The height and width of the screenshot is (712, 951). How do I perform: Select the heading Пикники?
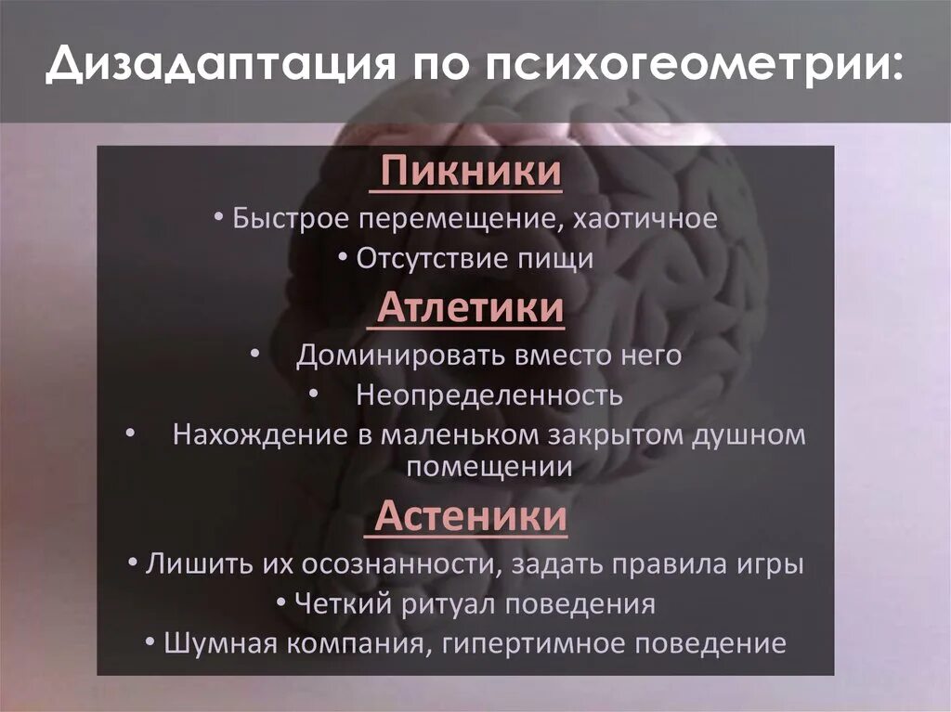click(x=472, y=173)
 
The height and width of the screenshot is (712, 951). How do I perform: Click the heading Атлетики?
click(x=471, y=308)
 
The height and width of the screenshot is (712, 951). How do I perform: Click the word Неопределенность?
click(x=489, y=395)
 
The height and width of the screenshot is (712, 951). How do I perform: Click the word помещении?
click(x=489, y=468)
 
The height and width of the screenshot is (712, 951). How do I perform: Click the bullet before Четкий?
click(x=281, y=603)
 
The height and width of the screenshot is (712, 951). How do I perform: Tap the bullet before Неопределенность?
click(x=313, y=394)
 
